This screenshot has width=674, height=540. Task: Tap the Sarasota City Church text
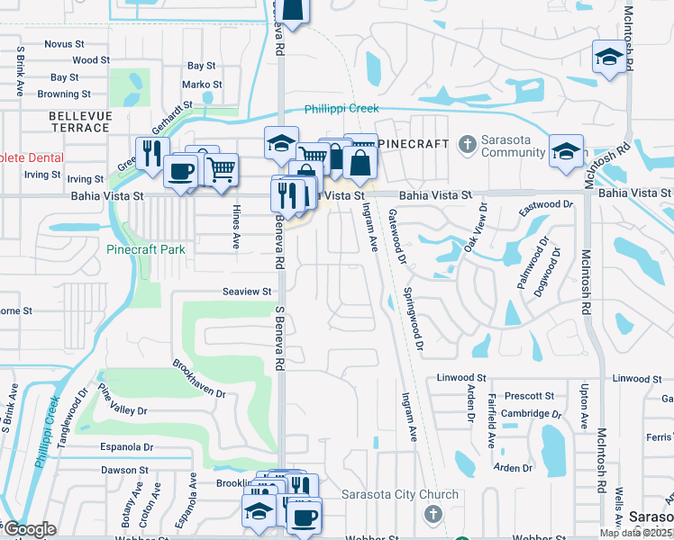(x=402, y=495)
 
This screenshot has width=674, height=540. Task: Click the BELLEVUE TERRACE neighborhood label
(x=80, y=121)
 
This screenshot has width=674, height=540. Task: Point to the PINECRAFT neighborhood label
(x=413, y=144)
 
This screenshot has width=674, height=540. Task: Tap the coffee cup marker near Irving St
(x=181, y=170)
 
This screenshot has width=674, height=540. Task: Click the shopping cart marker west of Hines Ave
(x=221, y=167)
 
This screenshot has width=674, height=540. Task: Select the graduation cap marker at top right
(x=608, y=56)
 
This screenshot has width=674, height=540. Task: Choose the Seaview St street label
(x=247, y=292)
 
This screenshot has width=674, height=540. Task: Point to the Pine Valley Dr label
(x=122, y=400)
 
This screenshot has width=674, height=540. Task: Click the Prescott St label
(x=529, y=396)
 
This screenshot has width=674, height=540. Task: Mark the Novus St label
(x=64, y=43)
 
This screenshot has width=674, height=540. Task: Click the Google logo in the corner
(x=30, y=528)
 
